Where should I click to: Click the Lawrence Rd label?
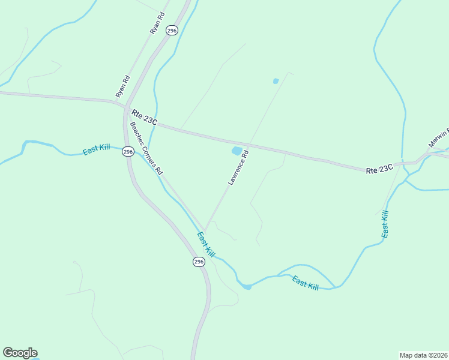coord(238,168)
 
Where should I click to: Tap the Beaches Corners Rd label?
coord(146,148)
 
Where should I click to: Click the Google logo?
coord(20,353)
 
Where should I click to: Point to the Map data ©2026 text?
coord(423,355)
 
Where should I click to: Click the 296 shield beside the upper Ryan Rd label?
coord(172,30)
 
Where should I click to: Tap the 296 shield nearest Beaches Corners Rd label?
coord(127,152)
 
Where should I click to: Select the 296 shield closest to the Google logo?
coord(199,262)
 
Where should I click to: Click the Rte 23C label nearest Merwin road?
coord(379,170)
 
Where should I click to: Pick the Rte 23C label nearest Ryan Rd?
coord(144,117)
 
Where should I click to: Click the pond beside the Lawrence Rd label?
coord(237,151)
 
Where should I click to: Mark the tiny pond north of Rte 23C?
coord(276,81)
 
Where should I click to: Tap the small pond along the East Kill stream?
coord(247,287)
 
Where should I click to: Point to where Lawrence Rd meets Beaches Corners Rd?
coord(206,229)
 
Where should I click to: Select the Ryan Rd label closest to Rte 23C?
coord(123,86)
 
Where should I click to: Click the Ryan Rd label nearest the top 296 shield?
coord(157,22)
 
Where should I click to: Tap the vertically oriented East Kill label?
coord(385,224)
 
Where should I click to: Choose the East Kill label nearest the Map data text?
coord(306,282)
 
